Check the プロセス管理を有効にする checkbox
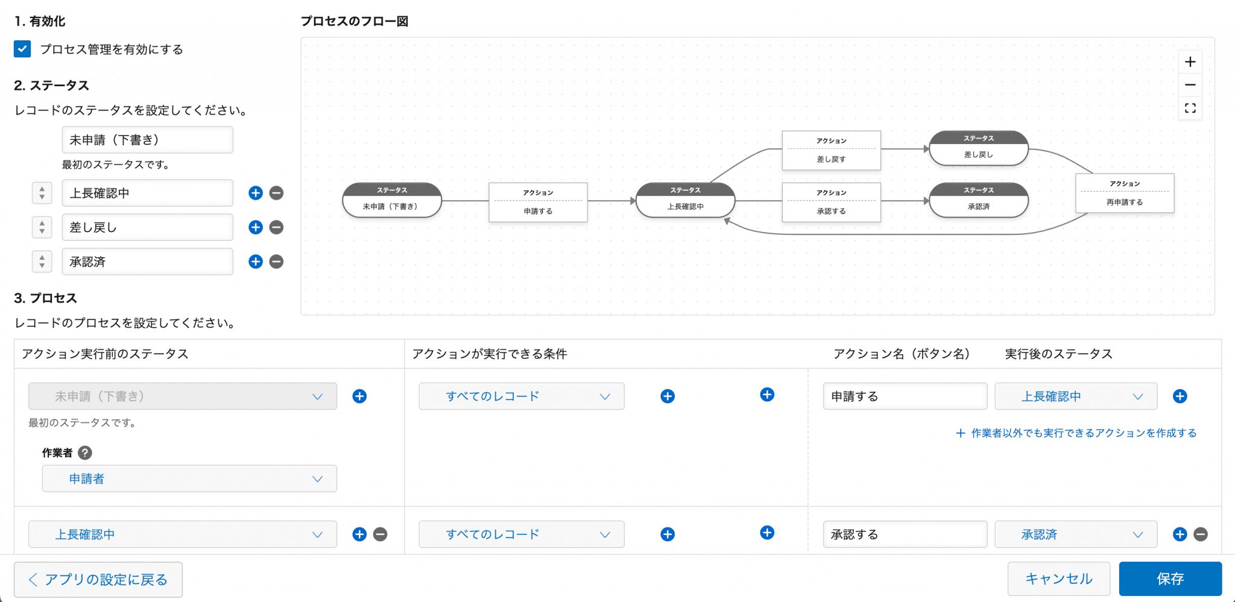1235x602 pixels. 22,49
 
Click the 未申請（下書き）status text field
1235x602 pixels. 147,140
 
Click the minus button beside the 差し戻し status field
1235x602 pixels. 276,227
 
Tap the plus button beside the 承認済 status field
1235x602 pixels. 256,262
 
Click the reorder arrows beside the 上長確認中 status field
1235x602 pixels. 42,193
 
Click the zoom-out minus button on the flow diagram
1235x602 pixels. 1190,85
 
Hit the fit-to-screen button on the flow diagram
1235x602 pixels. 1190,108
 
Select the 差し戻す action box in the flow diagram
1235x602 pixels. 831,151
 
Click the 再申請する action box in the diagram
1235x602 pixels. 1124,193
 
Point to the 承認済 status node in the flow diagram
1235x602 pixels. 978,201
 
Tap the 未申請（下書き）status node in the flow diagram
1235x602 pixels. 391,200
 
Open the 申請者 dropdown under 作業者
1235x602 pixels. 189,478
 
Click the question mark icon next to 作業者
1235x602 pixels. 85,453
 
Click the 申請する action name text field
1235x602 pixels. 905,397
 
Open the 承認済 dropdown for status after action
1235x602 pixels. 1076,535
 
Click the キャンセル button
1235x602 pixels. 1058,579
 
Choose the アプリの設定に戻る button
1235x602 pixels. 98,580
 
